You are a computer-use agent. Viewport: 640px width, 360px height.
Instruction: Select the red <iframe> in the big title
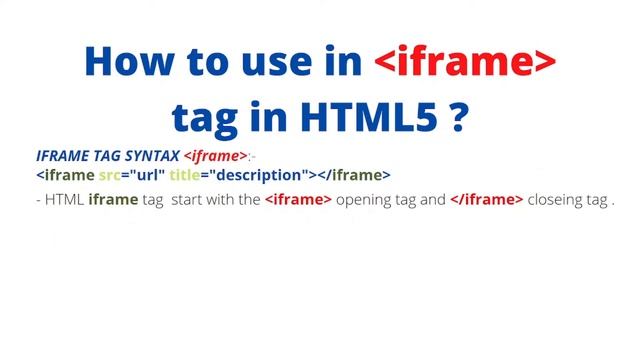click(x=465, y=62)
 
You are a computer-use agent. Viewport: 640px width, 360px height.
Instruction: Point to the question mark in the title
click(x=459, y=118)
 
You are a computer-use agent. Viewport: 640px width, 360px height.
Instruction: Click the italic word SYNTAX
click(x=153, y=156)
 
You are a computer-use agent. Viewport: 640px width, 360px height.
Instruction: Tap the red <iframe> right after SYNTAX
click(x=216, y=156)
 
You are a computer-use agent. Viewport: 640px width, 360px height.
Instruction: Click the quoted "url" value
click(x=145, y=175)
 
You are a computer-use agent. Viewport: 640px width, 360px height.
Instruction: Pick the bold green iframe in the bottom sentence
click(x=112, y=200)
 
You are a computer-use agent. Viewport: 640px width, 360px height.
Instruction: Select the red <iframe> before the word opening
click(x=298, y=200)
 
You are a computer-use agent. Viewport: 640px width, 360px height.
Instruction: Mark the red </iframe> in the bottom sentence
click(x=486, y=200)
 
